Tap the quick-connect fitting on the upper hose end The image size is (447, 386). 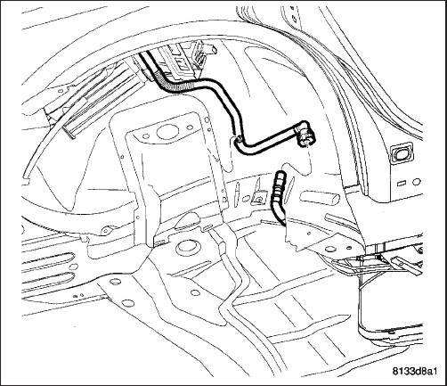(306, 137)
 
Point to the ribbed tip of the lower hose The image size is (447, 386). (278, 181)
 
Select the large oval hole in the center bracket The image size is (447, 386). (167, 132)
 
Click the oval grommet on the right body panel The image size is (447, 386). (402, 152)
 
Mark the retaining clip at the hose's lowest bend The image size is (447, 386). (238, 139)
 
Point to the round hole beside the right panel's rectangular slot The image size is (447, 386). (417, 181)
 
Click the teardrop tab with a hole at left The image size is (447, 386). (107, 230)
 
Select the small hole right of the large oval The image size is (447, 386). (189, 128)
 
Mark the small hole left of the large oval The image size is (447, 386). (146, 136)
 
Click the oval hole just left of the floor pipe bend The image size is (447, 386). (195, 292)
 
